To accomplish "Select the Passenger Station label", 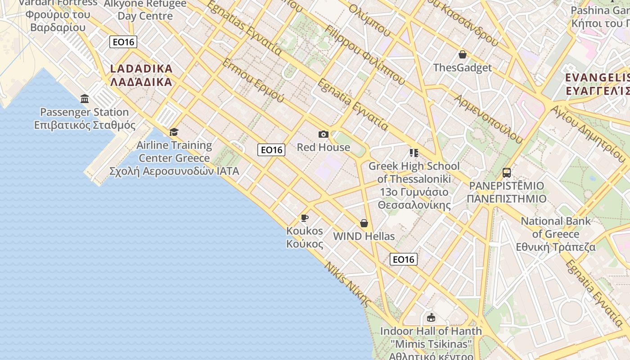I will tap(85, 112).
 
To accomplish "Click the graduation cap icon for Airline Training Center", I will tap(174, 132).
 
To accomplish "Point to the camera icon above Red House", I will tap(323, 134).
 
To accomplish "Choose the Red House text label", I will tap(323, 147).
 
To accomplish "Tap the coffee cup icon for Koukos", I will tap(305, 218).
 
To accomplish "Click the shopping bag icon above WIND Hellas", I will tap(364, 223).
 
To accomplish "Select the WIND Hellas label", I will tap(364, 236).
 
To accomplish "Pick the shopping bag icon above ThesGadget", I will tap(462, 55).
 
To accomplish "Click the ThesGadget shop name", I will tap(462, 68).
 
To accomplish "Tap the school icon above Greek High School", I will tap(414, 153).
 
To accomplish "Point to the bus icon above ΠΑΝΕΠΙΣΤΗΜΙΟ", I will tap(507, 173).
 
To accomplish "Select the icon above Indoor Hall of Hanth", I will tap(431, 318).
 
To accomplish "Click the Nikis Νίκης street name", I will tap(349, 284).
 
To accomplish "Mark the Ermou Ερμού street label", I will tap(253, 80).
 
